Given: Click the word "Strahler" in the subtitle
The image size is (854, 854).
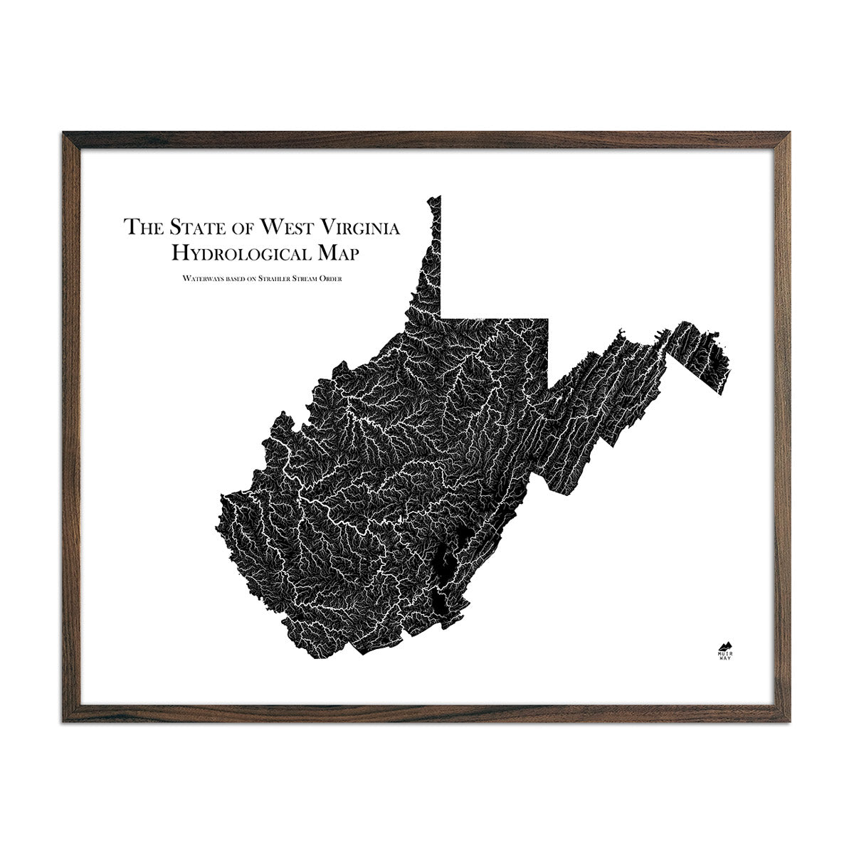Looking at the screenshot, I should pos(270,278).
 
